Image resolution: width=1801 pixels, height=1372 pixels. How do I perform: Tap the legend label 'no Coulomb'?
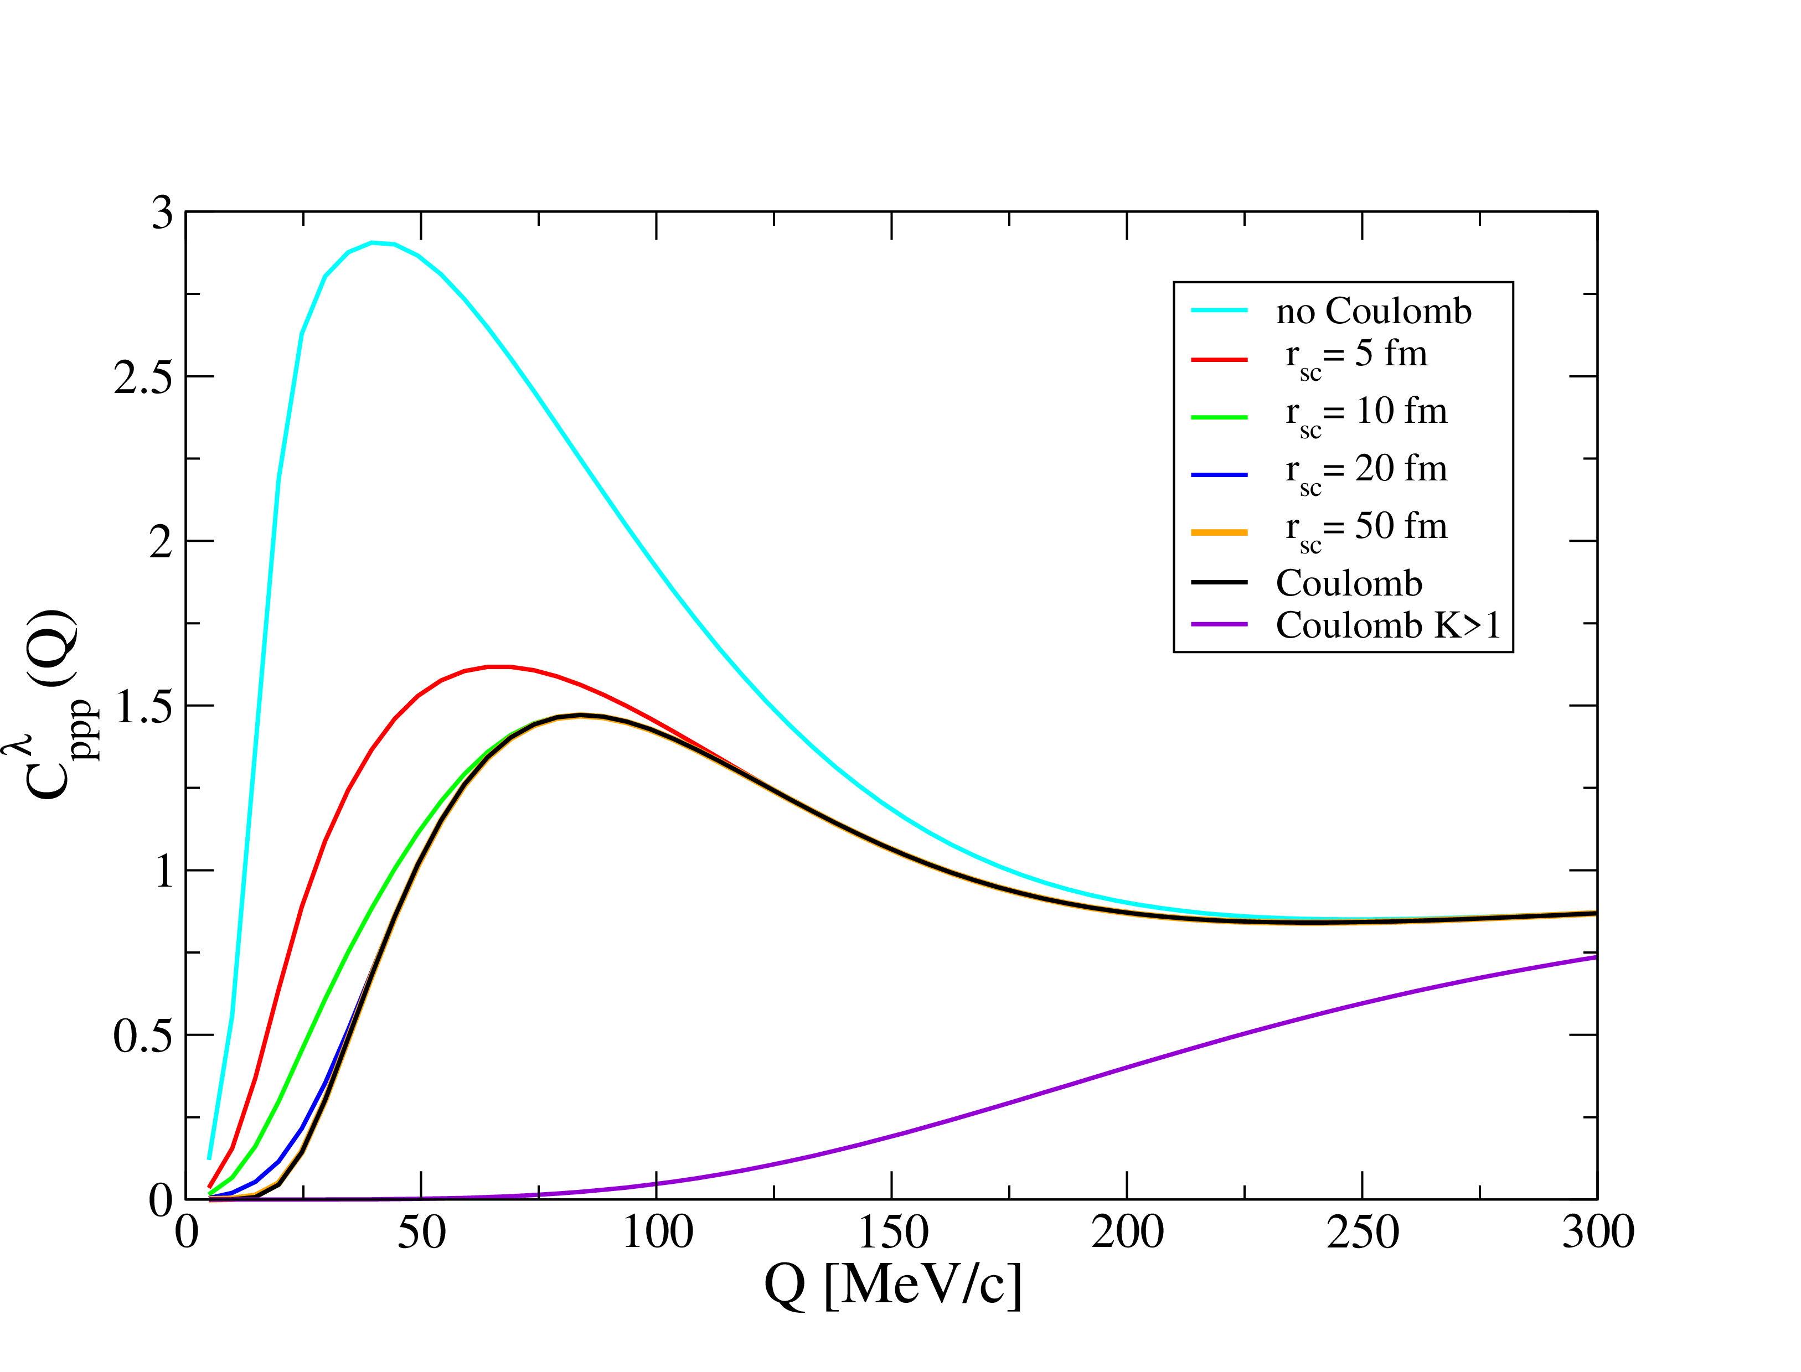1373,311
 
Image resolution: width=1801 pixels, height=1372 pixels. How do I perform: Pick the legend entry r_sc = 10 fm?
1366,413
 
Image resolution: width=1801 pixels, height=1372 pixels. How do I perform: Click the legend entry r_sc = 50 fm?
1366,529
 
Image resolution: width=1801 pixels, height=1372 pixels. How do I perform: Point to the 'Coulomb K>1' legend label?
1389,625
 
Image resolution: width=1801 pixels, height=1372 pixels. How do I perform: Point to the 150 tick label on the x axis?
892,1233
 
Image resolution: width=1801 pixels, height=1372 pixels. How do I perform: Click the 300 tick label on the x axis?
1597,1233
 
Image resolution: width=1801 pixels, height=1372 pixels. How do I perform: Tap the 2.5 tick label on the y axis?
143,377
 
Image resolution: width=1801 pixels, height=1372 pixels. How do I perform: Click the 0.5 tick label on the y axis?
143,1036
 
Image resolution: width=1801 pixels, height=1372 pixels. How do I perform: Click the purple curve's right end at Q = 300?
1595,957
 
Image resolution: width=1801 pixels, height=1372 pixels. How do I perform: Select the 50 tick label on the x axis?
421,1233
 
